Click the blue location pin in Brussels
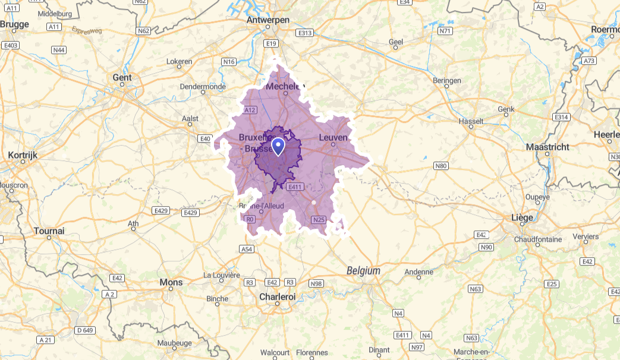click(278, 146)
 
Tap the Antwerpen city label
click(268, 20)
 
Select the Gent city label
click(122, 78)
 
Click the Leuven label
click(333, 138)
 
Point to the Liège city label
click(522, 217)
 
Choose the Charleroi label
click(277, 296)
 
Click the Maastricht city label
click(547, 147)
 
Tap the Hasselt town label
click(471, 121)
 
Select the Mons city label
click(171, 282)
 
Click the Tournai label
click(49, 230)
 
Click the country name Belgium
click(363, 270)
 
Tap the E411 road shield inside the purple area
click(295, 187)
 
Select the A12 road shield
click(250, 110)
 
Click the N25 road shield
click(319, 220)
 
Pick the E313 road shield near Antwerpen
click(305, 33)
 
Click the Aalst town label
click(190, 119)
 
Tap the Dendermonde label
click(203, 87)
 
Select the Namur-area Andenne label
click(419, 273)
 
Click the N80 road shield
click(440, 166)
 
